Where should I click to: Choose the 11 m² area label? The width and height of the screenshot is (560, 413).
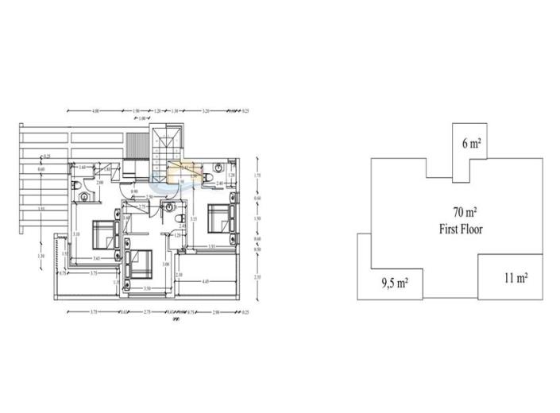(516, 278)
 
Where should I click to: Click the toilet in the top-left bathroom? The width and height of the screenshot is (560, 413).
(76, 185)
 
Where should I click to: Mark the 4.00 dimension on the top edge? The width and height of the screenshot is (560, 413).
(95, 110)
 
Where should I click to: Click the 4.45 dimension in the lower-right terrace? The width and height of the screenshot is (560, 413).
(206, 280)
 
